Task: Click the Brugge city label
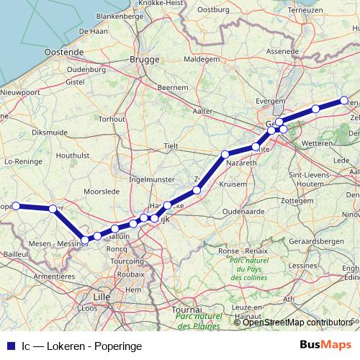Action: point(143,60)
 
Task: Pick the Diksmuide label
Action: point(49,132)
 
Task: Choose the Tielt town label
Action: point(171,145)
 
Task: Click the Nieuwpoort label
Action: point(20,93)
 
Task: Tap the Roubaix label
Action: point(130,274)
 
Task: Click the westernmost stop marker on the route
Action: point(17,206)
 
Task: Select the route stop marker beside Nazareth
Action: point(225,154)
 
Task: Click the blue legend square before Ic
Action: point(9,346)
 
